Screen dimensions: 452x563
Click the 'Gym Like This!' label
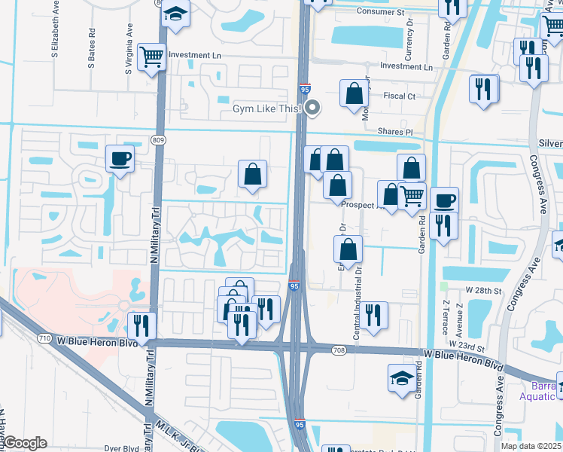click(266, 109)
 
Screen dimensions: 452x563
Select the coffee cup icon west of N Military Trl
click(120, 159)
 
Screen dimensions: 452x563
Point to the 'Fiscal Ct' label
click(400, 96)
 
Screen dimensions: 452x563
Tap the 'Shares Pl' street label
click(396, 132)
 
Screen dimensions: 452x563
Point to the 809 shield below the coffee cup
click(158, 141)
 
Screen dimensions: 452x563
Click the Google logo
click(25, 444)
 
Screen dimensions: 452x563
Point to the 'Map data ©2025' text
click(531, 446)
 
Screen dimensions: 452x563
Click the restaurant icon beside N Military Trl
click(142, 325)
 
